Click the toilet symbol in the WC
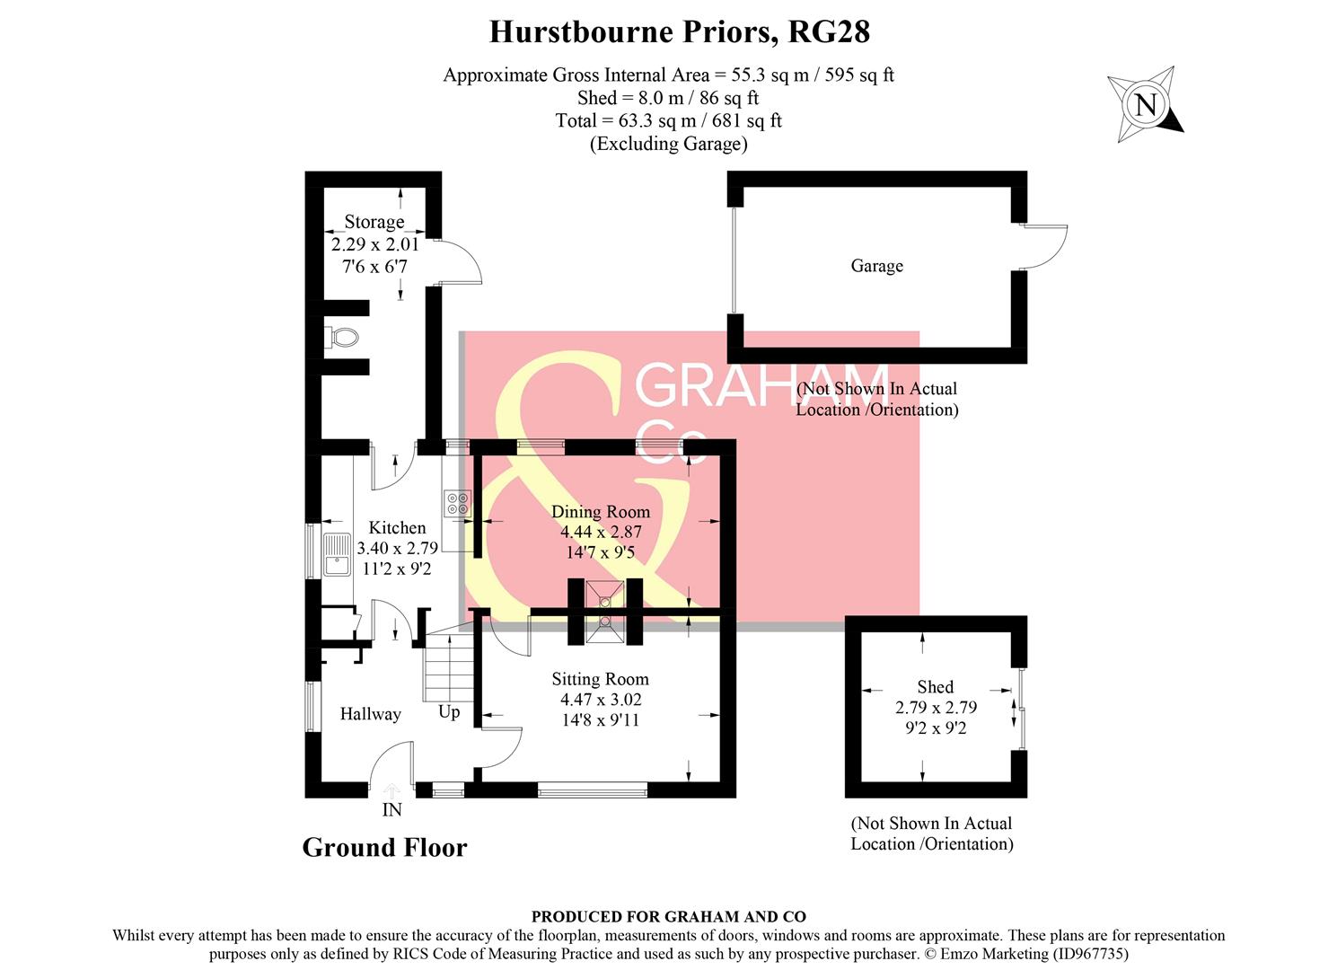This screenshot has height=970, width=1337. pos(342,338)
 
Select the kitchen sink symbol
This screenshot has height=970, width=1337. pos(338,553)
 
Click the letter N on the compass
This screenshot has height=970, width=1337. pos(1146,105)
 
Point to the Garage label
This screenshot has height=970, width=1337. pos(876,266)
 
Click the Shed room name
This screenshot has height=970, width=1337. pos(935,687)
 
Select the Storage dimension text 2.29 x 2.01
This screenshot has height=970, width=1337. pos(374,244)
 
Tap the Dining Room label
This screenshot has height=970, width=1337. pos(600,512)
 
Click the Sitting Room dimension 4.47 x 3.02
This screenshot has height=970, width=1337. pos(600,700)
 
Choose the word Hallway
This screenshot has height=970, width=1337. pos(370,714)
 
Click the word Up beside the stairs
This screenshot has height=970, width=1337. pos(449,711)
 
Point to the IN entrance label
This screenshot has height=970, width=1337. pos(391,810)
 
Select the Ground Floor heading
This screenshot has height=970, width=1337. pos(384,847)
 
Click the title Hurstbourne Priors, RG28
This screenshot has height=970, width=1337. pos(679,32)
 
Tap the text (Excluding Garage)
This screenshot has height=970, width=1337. pos(668,144)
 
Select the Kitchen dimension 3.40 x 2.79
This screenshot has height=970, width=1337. pos(397,548)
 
